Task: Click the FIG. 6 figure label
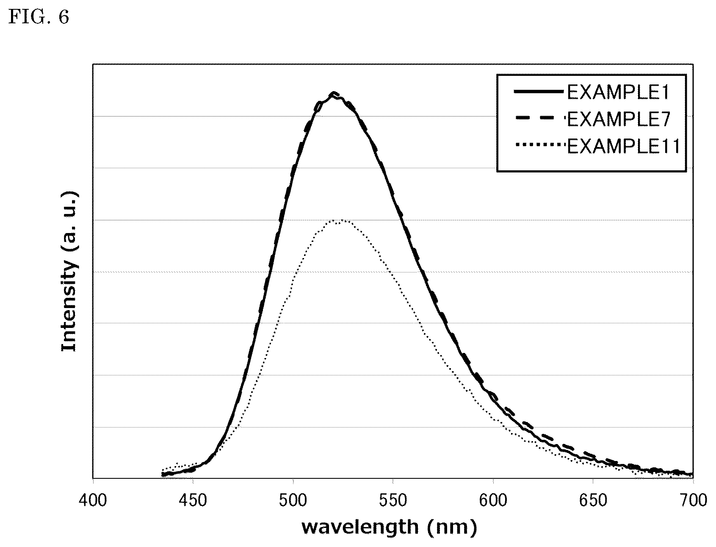coord(39,18)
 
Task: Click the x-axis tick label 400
coord(93,501)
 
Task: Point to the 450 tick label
coord(193,501)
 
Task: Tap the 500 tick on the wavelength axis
coord(293,501)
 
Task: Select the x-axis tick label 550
coord(393,501)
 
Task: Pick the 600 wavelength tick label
coord(493,501)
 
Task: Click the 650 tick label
coord(593,501)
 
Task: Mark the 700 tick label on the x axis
coord(693,501)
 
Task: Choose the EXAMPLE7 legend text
coord(618,120)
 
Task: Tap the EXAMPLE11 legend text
coord(623,147)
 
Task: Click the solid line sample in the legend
coord(539,91)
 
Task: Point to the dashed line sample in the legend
coord(539,119)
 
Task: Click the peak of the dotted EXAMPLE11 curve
coord(341,220)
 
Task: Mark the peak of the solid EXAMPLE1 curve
coord(334,93)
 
